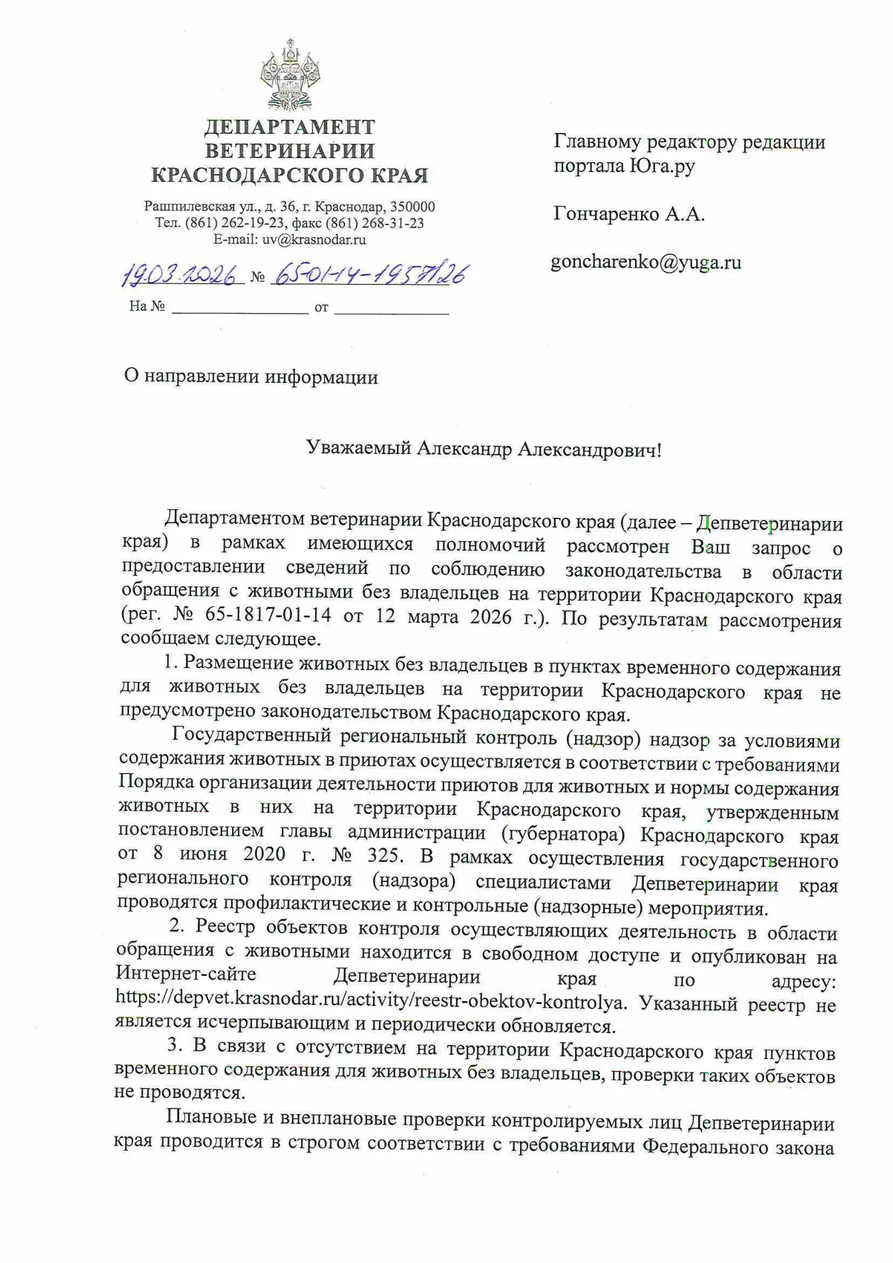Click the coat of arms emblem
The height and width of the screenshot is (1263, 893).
(x=290, y=74)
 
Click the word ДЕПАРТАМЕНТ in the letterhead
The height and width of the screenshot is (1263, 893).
(x=289, y=126)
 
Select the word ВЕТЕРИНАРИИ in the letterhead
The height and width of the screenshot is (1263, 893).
(x=289, y=151)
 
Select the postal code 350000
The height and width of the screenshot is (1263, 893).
(x=412, y=207)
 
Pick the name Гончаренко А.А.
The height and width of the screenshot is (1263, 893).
(x=628, y=214)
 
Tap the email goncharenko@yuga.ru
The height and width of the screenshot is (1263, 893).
(x=646, y=263)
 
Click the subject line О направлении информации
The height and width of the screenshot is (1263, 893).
(x=251, y=377)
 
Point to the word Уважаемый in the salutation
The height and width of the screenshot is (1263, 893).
(x=358, y=449)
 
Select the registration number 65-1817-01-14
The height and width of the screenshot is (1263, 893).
(x=268, y=614)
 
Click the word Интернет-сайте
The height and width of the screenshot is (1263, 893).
(x=186, y=975)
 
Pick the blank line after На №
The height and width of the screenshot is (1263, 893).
(x=239, y=308)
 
